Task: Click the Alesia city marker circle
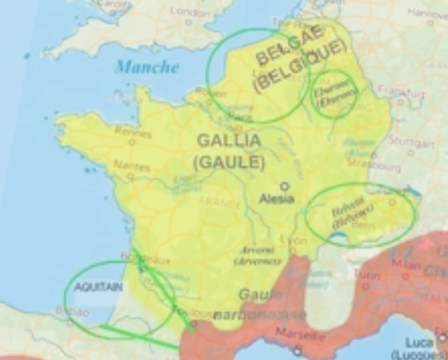click(284, 186)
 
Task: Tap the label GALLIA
click(229, 140)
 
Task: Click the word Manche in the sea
click(146, 67)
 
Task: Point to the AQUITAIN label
click(98, 287)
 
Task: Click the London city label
click(189, 12)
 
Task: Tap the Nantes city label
click(131, 166)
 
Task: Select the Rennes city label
click(133, 133)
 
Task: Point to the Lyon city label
click(296, 240)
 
